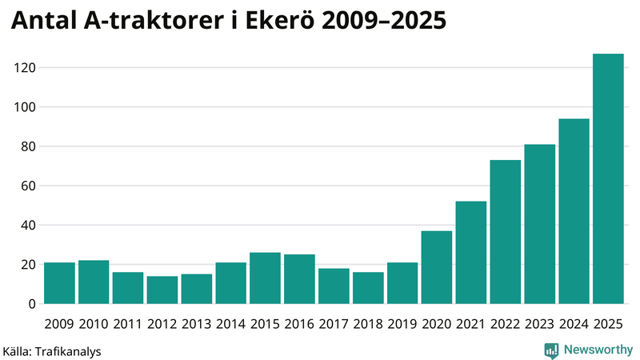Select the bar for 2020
[437, 267]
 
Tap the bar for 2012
[162, 290]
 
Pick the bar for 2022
[506, 232]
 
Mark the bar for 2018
[368, 288]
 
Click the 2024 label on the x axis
[574, 324]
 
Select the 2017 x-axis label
[334, 324]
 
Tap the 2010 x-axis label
[94, 324]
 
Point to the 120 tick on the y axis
[26, 68]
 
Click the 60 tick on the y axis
[30, 186]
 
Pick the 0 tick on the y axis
[34, 304]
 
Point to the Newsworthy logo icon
[551, 350]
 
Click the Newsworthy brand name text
[598, 350]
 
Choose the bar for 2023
[540, 224]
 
